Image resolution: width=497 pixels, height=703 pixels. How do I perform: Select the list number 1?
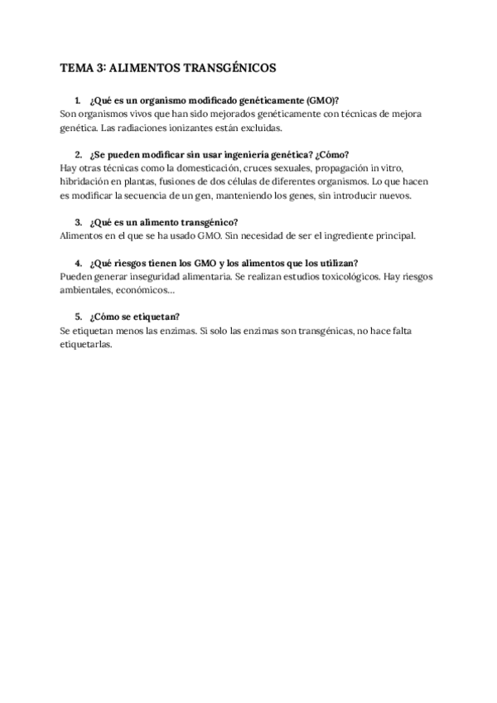77,99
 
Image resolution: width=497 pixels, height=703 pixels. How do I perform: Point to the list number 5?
77,316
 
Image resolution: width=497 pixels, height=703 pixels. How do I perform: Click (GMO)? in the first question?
321,99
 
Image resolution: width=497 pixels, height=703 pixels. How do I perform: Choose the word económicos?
147,289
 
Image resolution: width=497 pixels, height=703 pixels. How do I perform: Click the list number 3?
77,222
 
